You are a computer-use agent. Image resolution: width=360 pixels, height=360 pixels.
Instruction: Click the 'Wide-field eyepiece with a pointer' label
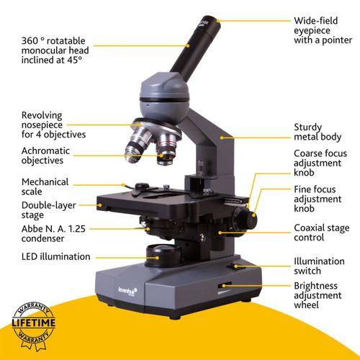coord(323,30)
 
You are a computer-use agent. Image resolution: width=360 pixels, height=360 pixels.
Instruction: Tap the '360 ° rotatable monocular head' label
coord(55,45)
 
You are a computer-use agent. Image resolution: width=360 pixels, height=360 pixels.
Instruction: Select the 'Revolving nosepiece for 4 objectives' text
coord(53,125)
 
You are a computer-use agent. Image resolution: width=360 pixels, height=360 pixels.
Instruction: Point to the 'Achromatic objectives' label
coord(45,156)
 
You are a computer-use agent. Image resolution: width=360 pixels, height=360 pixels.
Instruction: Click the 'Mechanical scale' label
coord(45,186)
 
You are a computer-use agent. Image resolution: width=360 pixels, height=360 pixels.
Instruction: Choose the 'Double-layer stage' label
coord(48,210)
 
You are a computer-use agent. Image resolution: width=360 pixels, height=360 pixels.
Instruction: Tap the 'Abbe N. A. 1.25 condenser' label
coord(53,233)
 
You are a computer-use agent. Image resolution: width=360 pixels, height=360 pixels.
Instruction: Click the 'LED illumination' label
coord(56,256)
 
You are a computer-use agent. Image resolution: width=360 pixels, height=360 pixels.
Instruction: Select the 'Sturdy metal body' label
coord(318,132)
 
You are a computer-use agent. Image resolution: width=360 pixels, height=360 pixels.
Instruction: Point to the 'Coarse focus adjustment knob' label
coord(320,163)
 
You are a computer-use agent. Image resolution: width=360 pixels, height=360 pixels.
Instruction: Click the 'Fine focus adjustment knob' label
coord(318,199)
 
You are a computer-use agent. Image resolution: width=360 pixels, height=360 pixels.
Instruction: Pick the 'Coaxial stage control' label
coord(322,233)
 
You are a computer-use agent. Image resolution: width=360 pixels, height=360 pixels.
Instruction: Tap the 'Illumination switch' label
coord(319,266)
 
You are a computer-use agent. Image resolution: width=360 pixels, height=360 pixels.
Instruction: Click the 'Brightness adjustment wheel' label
coord(318,295)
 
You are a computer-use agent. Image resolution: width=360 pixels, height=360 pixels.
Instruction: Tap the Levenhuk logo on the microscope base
coord(127,291)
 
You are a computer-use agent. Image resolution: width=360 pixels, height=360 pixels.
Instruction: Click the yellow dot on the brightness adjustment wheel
coord(224,286)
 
